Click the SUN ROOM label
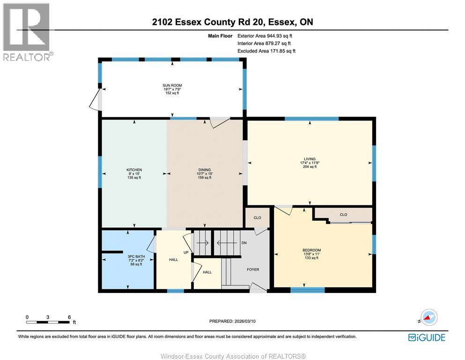[x=172, y=86]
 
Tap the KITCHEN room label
[x=134, y=170]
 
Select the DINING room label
[x=205, y=170]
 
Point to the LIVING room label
[x=309, y=159]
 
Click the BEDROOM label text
[x=311, y=250]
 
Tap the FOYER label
[x=253, y=270]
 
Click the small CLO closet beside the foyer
[x=257, y=218]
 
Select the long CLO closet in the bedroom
[x=343, y=215]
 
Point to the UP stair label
[x=185, y=253]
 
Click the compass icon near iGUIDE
[x=428, y=317]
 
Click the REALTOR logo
[x=27, y=32]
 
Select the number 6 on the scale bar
[x=69, y=317]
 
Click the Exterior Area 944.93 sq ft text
[x=266, y=36]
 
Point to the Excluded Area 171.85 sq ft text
[x=266, y=51]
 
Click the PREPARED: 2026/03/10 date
[x=233, y=321]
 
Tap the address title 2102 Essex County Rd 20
[x=232, y=22]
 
